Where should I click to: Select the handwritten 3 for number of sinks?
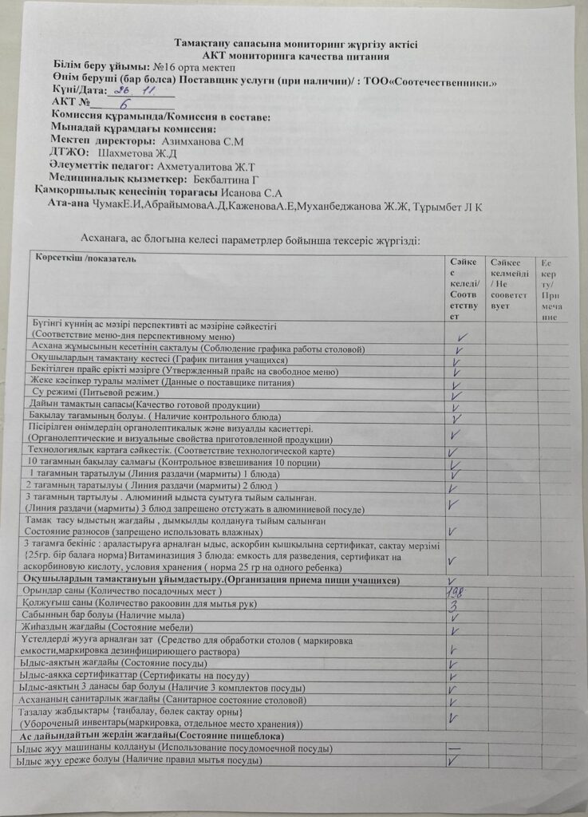tap(452, 605)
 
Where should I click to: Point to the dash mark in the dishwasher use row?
tap(454, 748)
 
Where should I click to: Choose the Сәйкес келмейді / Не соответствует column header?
tap(509, 284)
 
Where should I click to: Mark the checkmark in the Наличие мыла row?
tap(453, 618)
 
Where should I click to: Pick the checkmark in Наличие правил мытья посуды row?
tap(455, 760)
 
